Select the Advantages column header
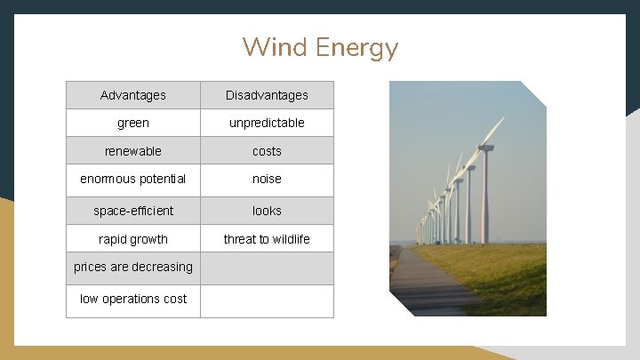[x=133, y=95]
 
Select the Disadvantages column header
[x=267, y=95]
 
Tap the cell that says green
[x=133, y=123]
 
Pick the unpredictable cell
[x=267, y=123]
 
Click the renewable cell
[x=133, y=151]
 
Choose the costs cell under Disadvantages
[x=267, y=151]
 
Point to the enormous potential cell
[x=133, y=179]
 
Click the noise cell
[x=267, y=179]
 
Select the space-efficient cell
[x=133, y=211]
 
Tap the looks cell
[x=267, y=211]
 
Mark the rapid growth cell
[x=133, y=239]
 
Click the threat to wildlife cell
[x=267, y=239]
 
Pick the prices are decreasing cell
[x=133, y=267]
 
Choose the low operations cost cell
[x=133, y=299]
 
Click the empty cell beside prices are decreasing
[x=267, y=268]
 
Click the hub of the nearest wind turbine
[x=484, y=148]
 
